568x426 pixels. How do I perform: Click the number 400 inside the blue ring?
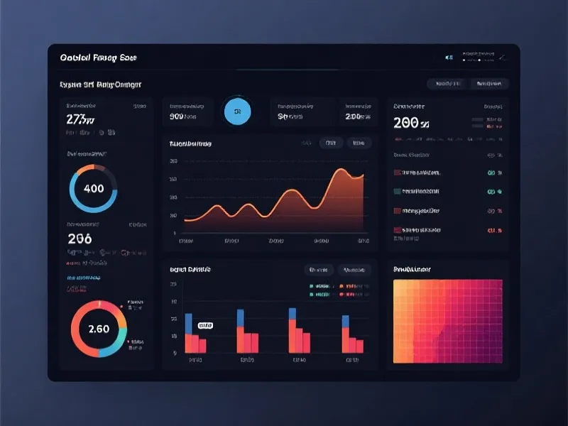(x=93, y=189)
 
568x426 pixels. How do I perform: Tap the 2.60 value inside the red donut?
(x=99, y=329)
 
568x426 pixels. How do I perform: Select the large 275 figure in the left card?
(x=80, y=119)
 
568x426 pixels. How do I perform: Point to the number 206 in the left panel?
(x=80, y=239)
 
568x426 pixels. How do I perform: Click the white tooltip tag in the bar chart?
(x=205, y=325)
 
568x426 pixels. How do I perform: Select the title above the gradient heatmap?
(x=412, y=270)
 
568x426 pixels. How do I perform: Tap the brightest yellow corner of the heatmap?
(x=397, y=284)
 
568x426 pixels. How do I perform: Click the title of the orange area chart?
(x=190, y=143)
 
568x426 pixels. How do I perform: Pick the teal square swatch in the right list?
(x=397, y=191)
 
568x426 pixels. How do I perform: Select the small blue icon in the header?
(x=449, y=57)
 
